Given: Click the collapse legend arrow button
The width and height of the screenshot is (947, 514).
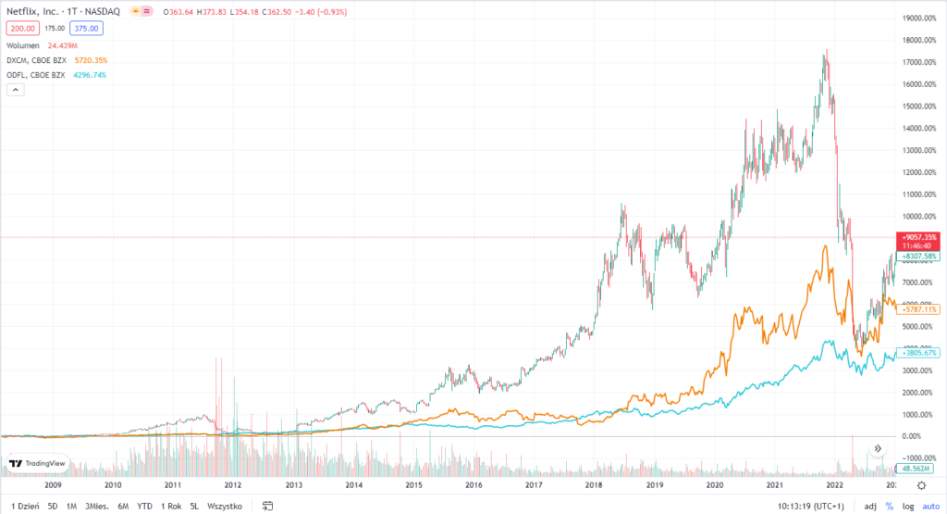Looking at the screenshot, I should (15, 90).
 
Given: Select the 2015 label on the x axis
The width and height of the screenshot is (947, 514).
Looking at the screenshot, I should (413, 484).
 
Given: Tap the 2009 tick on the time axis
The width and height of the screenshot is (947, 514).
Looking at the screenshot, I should (53, 484).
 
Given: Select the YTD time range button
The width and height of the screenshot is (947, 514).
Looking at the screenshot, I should (144, 506).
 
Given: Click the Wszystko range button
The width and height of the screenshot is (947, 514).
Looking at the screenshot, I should (225, 506).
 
